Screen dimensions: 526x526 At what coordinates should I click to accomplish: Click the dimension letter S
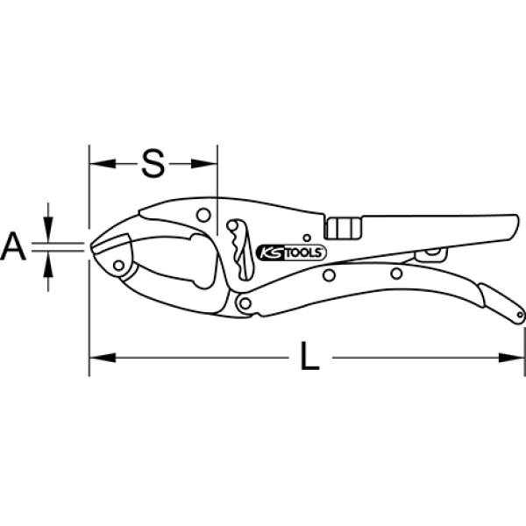click(153, 163)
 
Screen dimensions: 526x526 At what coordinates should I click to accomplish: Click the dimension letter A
click(13, 247)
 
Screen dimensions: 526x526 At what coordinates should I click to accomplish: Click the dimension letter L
click(309, 356)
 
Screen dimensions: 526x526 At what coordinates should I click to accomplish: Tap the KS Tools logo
click(291, 253)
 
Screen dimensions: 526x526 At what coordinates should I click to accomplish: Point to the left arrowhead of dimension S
click(103, 164)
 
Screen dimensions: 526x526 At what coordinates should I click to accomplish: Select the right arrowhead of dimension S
click(204, 164)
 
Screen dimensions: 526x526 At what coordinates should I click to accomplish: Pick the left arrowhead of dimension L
click(103, 358)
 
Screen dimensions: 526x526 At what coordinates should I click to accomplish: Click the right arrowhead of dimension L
click(511, 358)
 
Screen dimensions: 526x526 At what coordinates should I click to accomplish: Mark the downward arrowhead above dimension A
click(48, 230)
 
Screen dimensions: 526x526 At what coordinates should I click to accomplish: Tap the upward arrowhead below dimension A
click(48, 265)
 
